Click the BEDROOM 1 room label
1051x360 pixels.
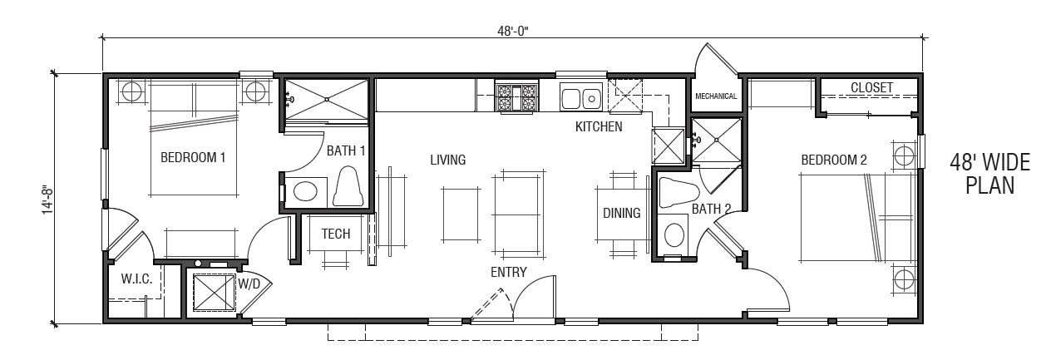click(193, 156)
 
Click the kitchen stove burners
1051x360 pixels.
click(516, 97)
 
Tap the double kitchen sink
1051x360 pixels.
click(581, 98)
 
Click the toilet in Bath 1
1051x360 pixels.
click(348, 186)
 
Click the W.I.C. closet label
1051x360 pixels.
click(136, 279)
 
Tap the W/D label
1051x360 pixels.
click(249, 284)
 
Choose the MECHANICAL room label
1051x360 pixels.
click(716, 96)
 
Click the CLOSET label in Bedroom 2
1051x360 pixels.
click(871, 87)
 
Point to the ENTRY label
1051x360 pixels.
click(506, 273)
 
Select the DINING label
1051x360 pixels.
click(622, 213)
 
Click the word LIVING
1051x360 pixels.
click(447, 160)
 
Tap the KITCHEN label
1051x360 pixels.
click(599, 127)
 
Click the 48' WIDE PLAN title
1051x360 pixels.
click(989, 175)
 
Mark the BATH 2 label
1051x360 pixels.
click(711, 210)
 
